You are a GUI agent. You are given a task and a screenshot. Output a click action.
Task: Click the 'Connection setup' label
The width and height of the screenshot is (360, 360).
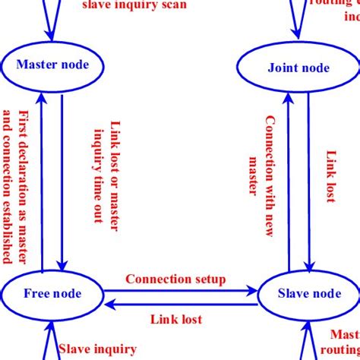175,279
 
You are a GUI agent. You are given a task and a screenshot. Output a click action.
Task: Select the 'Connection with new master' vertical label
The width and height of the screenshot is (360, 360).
261,156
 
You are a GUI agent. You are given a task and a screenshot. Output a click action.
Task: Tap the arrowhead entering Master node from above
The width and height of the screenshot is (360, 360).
51,34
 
